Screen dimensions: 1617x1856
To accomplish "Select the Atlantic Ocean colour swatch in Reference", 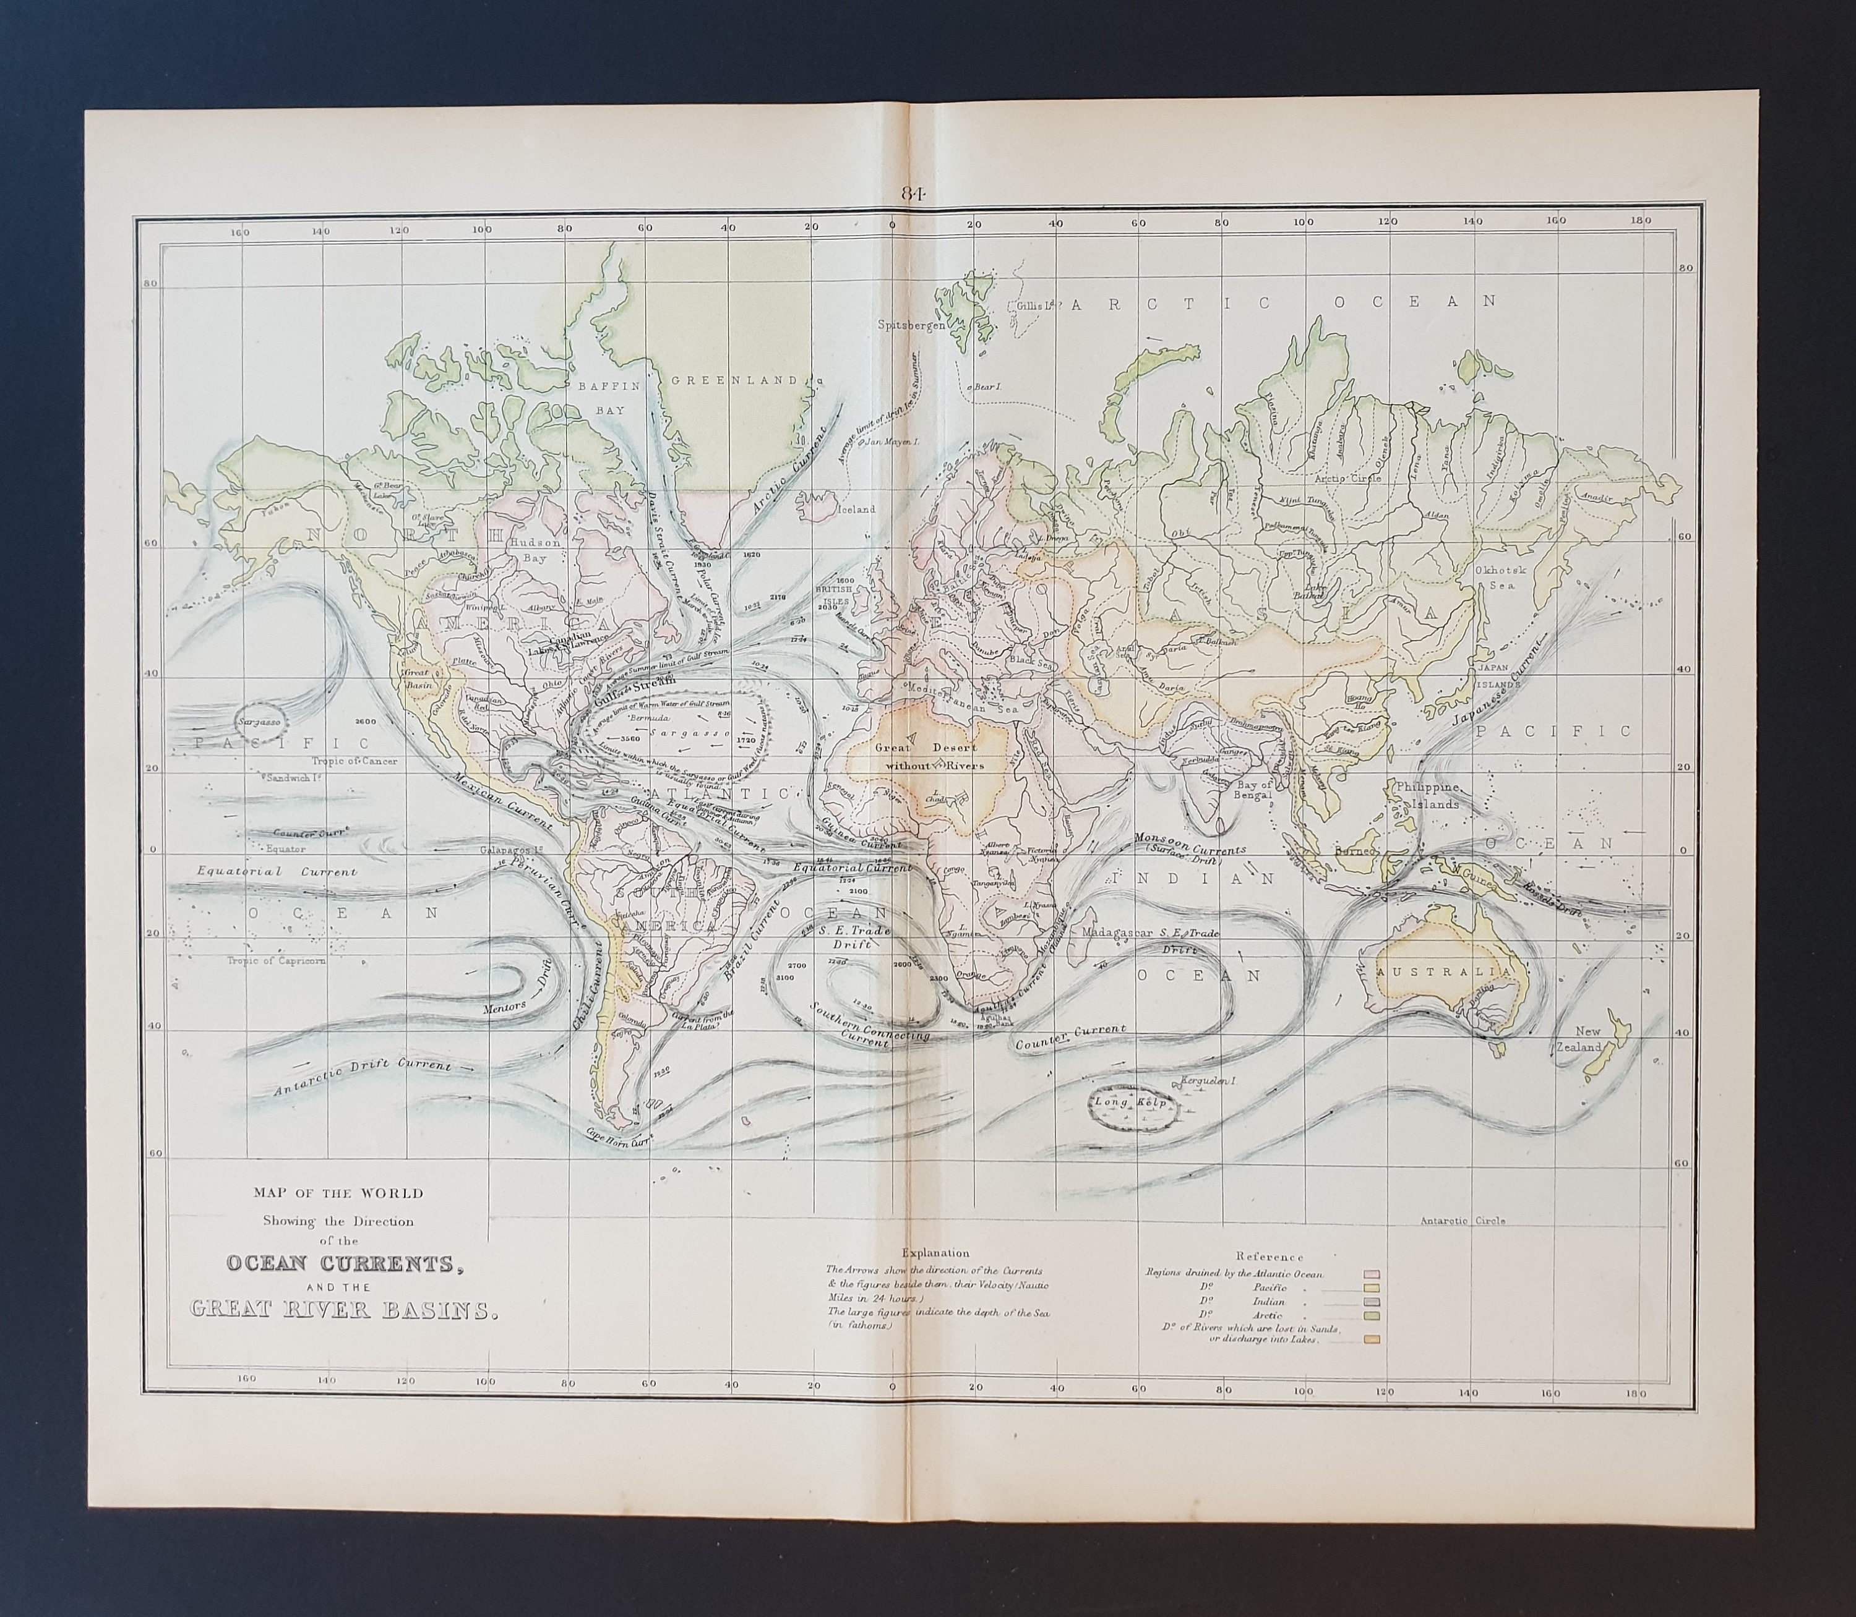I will click(x=1372, y=1274).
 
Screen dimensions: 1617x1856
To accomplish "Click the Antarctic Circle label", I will click(x=1463, y=1220).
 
